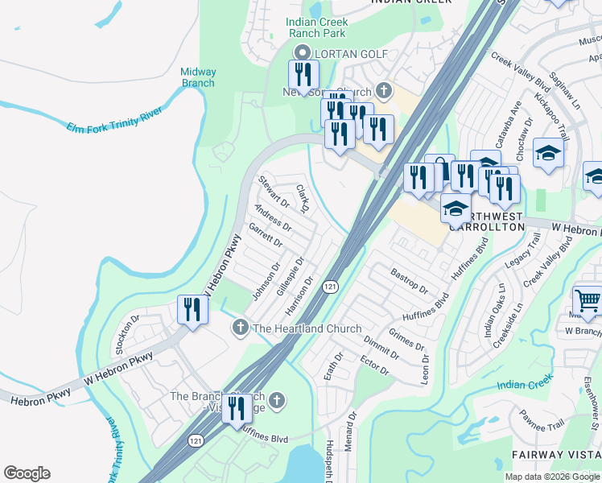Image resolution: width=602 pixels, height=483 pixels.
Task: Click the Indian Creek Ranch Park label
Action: point(317,27)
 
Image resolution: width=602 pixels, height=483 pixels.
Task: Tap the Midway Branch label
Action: point(198,77)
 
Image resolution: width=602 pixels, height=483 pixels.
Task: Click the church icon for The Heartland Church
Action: point(239,328)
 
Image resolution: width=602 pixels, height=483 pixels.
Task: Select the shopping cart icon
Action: point(588,301)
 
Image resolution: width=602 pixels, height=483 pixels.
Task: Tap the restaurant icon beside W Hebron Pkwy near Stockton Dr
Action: point(192,309)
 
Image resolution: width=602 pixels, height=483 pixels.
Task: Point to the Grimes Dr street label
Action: point(406,339)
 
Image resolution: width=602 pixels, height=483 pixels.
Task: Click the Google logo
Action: point(27,473)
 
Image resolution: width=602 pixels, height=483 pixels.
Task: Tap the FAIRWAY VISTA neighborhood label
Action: point(556,456)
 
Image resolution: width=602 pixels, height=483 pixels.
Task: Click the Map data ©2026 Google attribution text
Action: point(552,477)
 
